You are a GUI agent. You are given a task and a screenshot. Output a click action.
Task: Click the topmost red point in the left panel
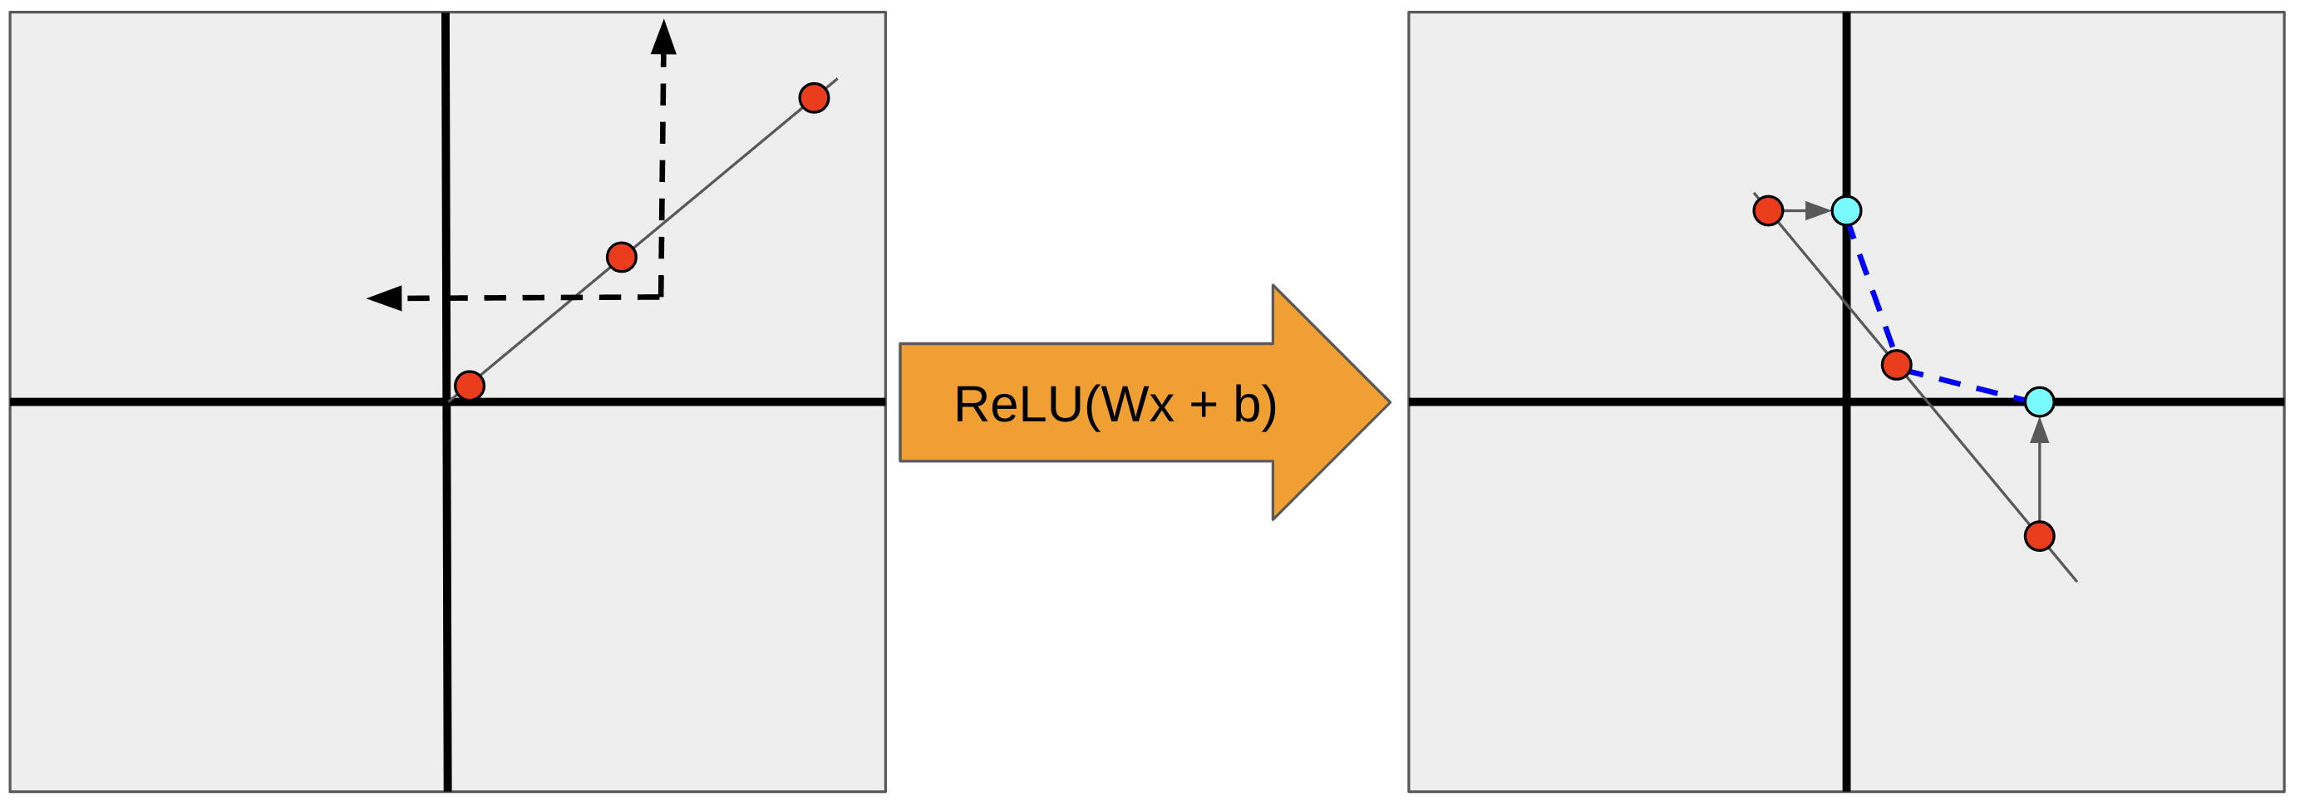[814, 97]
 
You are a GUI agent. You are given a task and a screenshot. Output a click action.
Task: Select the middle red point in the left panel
[622, 257]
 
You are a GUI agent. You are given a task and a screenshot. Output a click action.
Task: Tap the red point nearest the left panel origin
[470, 386]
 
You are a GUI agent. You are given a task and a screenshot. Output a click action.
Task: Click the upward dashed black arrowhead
[663, 37]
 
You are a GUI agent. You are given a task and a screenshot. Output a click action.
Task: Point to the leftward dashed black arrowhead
[386, 298]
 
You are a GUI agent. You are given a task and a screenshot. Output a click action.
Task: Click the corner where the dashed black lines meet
[661, 297]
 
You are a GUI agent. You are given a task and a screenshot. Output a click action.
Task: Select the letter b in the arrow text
[1247, 405]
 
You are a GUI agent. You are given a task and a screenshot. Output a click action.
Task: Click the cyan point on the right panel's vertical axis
[1846, 210]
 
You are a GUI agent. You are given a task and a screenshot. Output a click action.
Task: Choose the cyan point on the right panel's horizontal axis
[2039, 401]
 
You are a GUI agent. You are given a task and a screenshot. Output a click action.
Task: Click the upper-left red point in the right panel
[1768, 210]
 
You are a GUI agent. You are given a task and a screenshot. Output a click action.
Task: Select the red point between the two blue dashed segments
[1896, 364]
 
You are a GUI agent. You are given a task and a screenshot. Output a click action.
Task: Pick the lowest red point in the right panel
[2039, 535]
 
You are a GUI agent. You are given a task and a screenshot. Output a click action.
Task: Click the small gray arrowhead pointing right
[1818, 210]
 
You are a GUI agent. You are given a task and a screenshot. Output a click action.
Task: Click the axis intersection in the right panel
[1846, 401]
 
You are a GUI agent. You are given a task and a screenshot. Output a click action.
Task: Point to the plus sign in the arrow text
[1204, 405]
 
